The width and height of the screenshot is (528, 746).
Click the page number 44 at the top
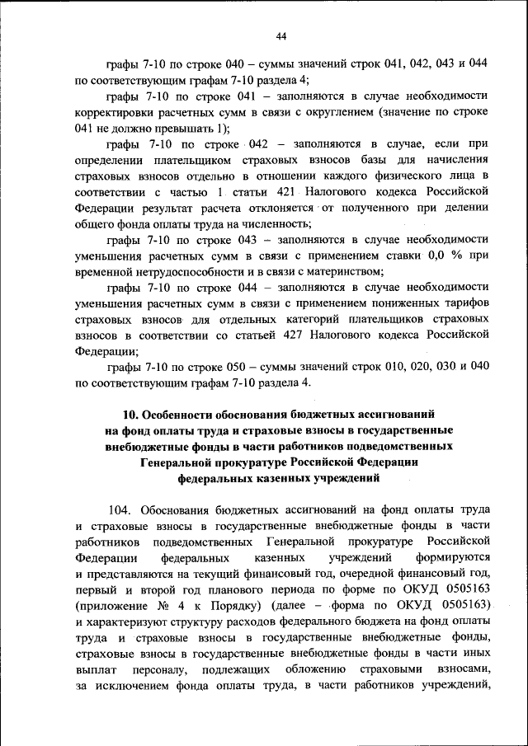coord(280,35)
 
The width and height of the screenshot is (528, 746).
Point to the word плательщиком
coord(218,160)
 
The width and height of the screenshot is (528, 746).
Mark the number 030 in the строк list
coord(447,366)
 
